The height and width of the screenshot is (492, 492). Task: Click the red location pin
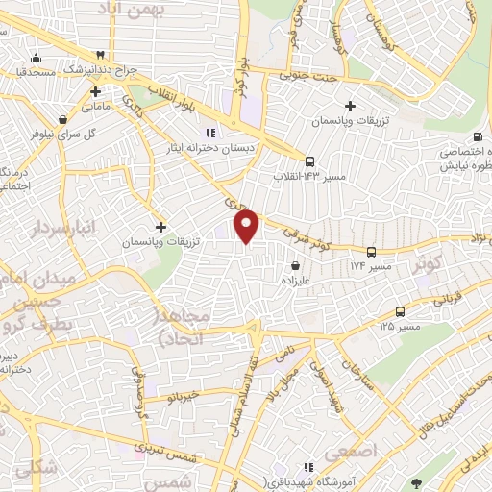[247, 227]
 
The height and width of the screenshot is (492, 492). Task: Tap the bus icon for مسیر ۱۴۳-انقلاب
[309, 162]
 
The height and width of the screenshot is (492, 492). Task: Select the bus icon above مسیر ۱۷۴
[371, 251]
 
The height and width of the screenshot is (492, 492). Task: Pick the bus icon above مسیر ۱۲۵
[400, 311]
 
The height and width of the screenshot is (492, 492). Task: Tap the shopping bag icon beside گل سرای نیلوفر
[62, 120]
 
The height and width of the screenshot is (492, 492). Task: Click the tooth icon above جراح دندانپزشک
[100, 55]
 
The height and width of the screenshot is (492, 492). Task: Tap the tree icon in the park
[415, 482]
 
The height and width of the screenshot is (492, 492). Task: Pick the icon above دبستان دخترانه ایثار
[209, 133]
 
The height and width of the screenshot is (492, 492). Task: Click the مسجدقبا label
[34, 71]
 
